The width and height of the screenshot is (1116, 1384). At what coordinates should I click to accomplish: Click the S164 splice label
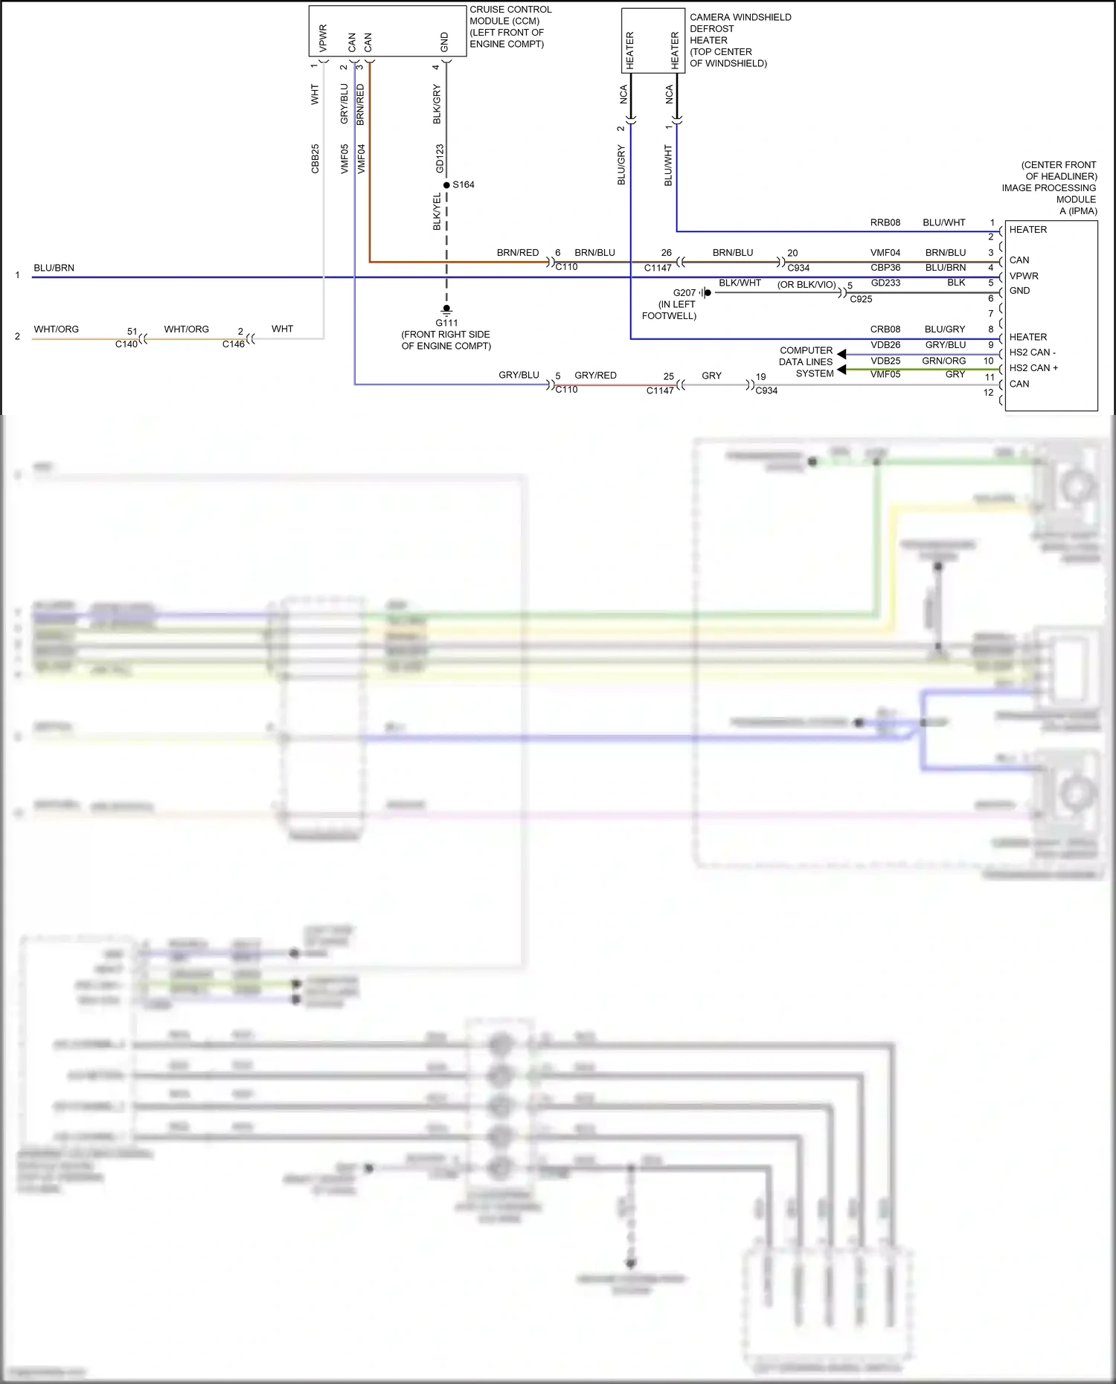coord(464,185)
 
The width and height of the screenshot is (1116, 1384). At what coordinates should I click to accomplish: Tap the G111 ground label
coord(446,323)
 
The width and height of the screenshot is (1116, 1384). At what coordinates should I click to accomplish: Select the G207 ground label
coord(684,293)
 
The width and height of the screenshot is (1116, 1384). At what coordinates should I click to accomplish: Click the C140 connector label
coord(126,344)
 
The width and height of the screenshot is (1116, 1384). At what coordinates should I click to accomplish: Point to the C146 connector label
coord(234,344)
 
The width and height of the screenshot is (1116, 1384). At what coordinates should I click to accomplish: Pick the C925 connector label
coord(861,299)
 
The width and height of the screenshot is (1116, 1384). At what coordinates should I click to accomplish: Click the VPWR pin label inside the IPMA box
coord(1024,276)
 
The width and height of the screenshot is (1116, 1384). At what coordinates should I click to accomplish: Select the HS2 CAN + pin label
coord(1033,368)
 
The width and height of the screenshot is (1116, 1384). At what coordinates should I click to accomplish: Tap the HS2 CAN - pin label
coord(1033,353)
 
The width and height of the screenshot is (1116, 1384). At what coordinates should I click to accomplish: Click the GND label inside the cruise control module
coord(445,42)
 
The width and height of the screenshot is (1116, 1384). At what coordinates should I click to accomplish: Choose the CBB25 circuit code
coord(315,159)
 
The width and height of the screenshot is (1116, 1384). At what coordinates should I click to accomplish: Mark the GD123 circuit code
coord(440,158)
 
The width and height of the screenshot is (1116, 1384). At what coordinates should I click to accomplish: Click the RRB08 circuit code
coord(885,222)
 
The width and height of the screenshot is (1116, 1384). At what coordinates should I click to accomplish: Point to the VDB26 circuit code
coord(885,345)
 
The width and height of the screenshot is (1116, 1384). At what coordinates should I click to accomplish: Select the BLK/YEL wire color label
coord(437,212)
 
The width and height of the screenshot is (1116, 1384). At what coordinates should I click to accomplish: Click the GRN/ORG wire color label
coord(944,361)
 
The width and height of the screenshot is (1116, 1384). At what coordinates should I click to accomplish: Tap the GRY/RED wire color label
coord(595,376)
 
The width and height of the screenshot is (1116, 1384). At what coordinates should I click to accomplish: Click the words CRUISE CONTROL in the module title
coord(510,10)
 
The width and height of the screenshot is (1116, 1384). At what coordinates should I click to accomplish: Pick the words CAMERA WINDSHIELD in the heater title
coord(740,17)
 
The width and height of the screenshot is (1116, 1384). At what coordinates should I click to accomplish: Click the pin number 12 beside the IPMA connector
coord(988,393)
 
